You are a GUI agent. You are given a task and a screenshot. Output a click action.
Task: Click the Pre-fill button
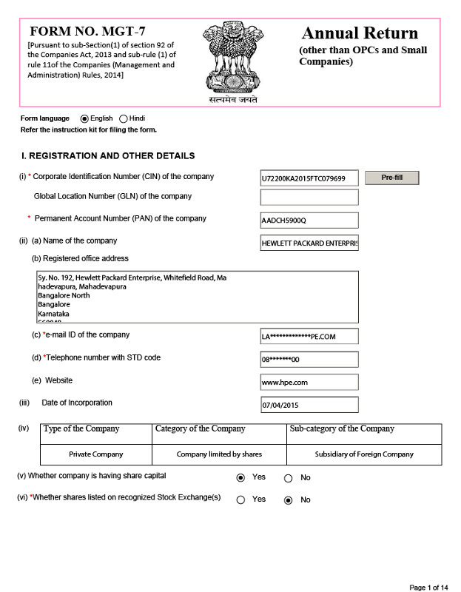click(392, 178)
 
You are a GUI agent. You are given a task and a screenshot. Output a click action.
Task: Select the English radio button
click(84, 118)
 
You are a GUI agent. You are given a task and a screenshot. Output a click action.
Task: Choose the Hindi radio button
click(123, 118)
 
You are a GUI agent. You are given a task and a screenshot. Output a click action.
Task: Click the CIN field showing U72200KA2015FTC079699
click(309, 178)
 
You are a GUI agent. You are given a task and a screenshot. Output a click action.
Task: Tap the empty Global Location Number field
click(309, 198)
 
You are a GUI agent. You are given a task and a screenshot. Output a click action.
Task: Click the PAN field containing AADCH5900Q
click(309, 221)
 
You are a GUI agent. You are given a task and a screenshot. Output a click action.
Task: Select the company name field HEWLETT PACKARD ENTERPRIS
click(309, 243)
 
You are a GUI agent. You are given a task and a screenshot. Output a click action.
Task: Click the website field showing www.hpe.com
click(309, 383)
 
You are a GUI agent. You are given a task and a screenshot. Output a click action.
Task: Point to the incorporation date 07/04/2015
click(309, 406)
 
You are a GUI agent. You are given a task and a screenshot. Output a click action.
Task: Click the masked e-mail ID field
click(309, 337)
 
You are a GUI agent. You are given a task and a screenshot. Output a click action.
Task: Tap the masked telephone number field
click(309, 360)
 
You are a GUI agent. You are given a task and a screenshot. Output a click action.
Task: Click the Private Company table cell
click(96, 454)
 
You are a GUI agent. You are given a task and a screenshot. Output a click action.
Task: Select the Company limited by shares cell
click(219, 454)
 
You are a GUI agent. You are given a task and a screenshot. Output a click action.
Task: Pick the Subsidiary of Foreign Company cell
click(363, 454)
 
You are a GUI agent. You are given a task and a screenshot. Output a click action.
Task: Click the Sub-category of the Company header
click(342, 429)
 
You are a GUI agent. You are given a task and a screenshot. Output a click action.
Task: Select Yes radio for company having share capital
click(240, 478)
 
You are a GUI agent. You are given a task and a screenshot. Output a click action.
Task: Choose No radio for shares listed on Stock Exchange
click(288, 500)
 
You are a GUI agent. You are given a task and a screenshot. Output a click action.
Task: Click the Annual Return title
click(360, 33)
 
